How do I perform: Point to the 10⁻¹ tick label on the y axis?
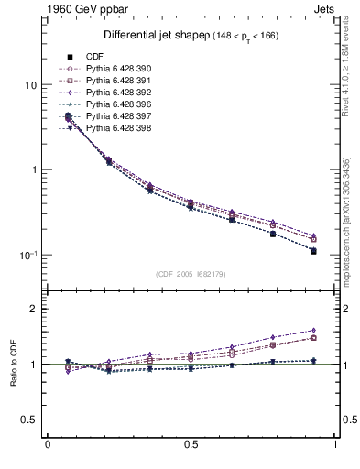[27, 255]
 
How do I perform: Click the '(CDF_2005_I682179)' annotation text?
[191, 274]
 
